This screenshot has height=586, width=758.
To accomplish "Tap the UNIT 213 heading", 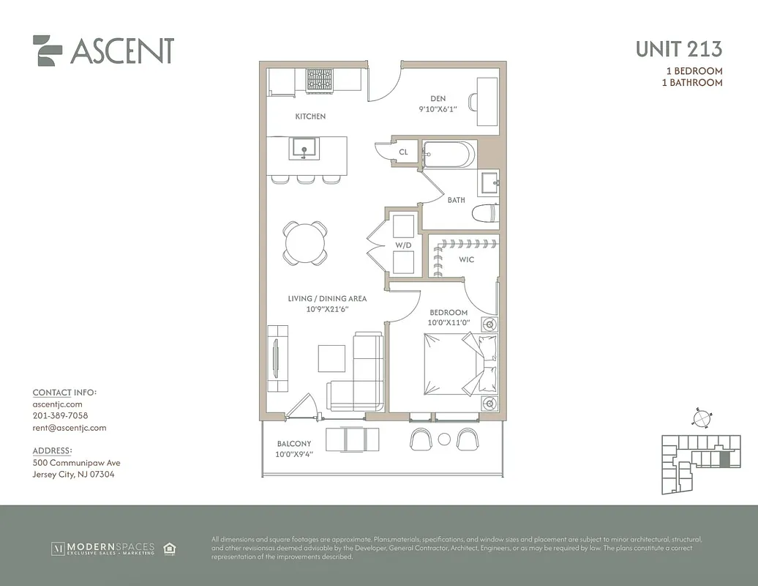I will pos(678,49).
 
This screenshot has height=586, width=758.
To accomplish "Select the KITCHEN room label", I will pos(310,116).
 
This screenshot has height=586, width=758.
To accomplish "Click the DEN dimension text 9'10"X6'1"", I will pos(438,109).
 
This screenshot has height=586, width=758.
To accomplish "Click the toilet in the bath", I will pos(484,213).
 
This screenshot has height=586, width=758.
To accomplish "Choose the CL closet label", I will pos(403,152).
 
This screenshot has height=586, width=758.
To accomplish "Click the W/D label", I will pos(403,245).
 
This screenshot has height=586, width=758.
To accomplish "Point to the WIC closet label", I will pos(467,259).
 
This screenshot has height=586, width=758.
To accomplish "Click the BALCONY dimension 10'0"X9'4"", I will pos(293,454).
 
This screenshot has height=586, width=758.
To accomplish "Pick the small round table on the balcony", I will pos(444,439).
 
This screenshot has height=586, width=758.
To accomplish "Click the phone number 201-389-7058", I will pos(60,415).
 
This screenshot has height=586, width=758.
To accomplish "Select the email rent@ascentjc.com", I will pos(70,428).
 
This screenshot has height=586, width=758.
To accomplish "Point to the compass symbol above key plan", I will pos(701,417).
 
